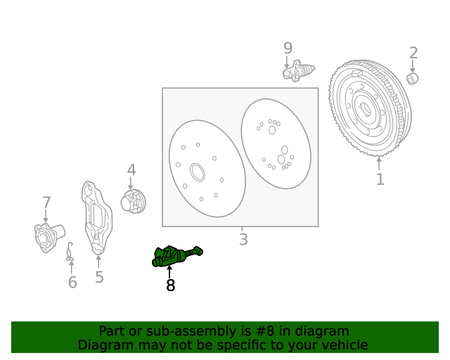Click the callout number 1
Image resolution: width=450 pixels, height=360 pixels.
(380, 179)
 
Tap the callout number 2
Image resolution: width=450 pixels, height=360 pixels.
(413, 53)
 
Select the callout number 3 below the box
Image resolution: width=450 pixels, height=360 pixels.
(243, 240)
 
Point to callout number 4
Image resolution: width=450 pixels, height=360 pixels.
(131, 170)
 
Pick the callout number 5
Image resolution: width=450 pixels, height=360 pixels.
(99, 277)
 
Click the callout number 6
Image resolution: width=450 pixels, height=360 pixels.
(72, 282)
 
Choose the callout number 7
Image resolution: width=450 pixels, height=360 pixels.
(46, 203)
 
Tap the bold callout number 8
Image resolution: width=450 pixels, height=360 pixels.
(170, 285)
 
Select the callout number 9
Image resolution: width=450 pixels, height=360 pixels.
(288, 48)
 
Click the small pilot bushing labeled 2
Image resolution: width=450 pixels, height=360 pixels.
(413, 77)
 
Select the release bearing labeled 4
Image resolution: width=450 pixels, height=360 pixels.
(133, 201)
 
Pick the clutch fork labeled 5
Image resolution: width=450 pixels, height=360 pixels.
(96, 218)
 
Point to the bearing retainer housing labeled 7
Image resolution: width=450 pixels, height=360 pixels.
(47, 236)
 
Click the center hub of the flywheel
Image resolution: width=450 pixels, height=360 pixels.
(365, 109)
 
